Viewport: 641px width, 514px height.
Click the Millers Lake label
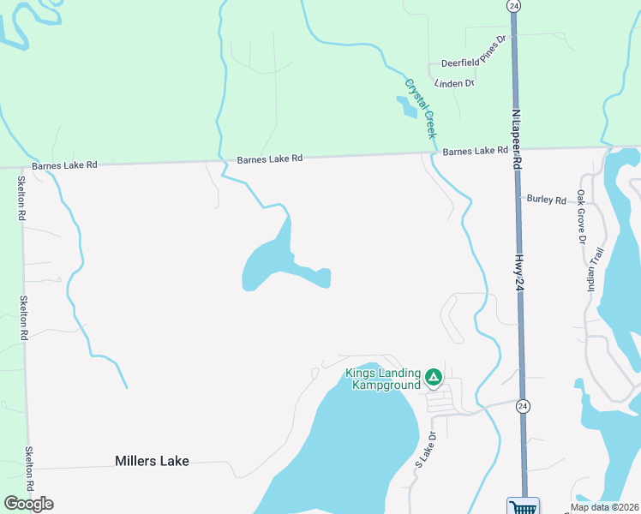[152, 460]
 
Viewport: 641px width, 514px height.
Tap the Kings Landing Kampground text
[383, 379]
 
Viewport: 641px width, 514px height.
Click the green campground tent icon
[434, 375]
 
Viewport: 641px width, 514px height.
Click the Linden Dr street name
[454, 83]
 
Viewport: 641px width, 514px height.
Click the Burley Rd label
[547, 200]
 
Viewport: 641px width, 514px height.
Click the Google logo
[28, 504]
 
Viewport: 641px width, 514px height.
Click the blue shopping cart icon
[523, 506]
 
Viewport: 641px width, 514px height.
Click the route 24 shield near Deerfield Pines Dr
[513, 5]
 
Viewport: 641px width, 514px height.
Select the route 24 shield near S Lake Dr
[523, 405]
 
